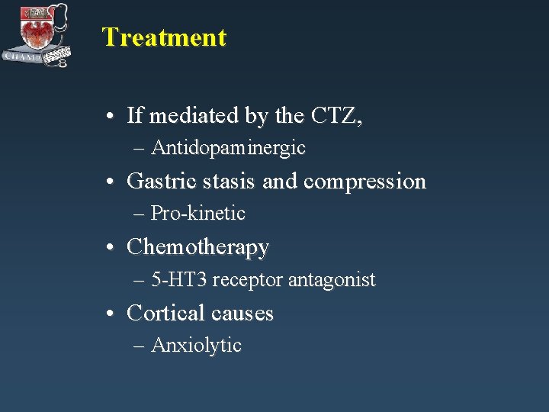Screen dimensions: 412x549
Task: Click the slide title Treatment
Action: pos(164,37)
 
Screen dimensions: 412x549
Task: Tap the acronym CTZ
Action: pos(336,116)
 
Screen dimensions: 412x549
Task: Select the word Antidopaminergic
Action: pos(228,148)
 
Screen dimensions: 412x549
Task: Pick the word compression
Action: pos(364,182)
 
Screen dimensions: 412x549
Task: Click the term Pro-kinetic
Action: pos(198,214)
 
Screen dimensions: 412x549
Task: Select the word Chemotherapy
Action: pos(197,247)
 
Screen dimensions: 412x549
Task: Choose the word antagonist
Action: pos(332,281)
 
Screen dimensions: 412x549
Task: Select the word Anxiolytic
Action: pos(196,346)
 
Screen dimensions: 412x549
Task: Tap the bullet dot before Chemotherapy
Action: pos(112,248)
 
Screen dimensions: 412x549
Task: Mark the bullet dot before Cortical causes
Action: pos(112,314)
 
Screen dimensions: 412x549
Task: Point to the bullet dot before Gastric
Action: pos(112,182)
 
